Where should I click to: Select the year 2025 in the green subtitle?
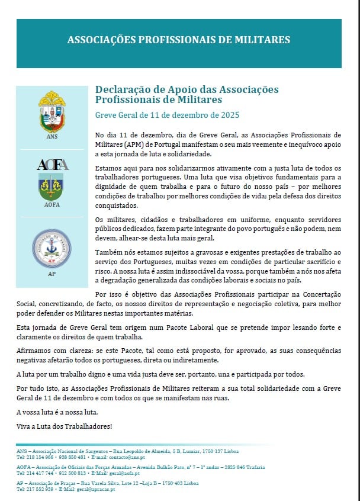tap(228, 114)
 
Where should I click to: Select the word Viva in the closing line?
tap(24, 425)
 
